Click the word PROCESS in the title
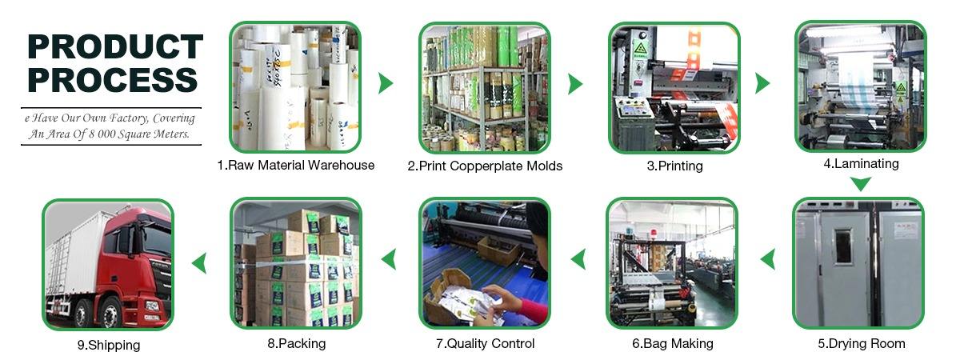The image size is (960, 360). pyautogui.click(x=113, y=81)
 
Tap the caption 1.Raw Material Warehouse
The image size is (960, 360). pyautogui.click(x=295, y=166)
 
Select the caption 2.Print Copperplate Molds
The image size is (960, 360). pyautogui.click(x=485, y=166)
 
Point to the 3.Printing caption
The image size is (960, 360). pyautogui.click(x=674, y=166)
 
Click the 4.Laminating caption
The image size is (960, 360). pyautogui.click(x=861, y=163)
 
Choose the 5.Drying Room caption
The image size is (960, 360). pyautogui.click(x=861, y=343)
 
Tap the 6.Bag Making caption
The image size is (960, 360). pyautogui.click(x=672, y=343)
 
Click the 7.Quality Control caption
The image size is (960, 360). pyautogui.click(x=485, y=343)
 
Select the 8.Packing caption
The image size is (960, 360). pyautogui.click(x=296, y=343)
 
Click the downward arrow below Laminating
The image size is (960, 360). pyautogui.click(x=860, y=184)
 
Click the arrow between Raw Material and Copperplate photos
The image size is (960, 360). pyautogui.click(x=386, y=83)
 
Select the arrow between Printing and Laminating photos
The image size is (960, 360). pyautogui.click(x=762, y=83)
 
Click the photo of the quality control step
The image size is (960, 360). pyautogui.click(x=485, y=263)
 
